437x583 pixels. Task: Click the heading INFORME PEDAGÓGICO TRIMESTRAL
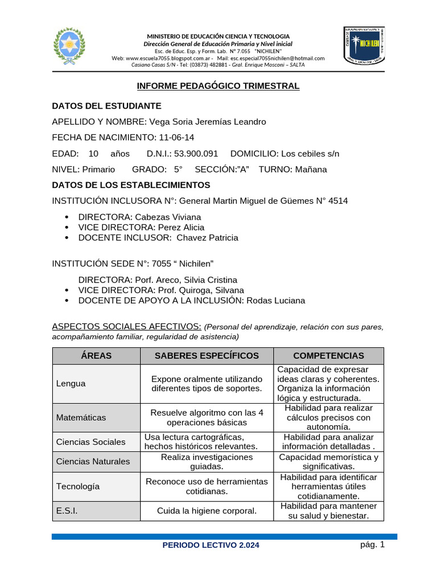click(x=218, y=86)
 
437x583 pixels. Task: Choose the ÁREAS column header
click(x=96, y=356)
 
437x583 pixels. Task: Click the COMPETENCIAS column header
click(x=328, y=356)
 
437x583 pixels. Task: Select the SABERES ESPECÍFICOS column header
click(x=207, y=356)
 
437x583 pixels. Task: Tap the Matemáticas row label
click(x=81, y=417)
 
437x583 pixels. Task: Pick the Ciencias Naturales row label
click(x=93, y=461)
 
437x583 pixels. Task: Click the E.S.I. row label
click(x=67, y=511)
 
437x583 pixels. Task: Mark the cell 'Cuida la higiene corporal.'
click(x=207, y=511)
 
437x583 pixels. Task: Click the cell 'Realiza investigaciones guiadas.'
click(x=207, y=462)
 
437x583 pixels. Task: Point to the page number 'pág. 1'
click(x=373, y=544)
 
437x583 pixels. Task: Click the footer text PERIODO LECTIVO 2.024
click(x=211, y=545)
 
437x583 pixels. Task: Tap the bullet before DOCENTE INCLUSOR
click(x=67, y=238)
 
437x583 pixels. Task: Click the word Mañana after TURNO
click(x=312, y=170)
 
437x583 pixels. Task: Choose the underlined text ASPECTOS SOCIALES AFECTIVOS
click(x=126, y=326)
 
